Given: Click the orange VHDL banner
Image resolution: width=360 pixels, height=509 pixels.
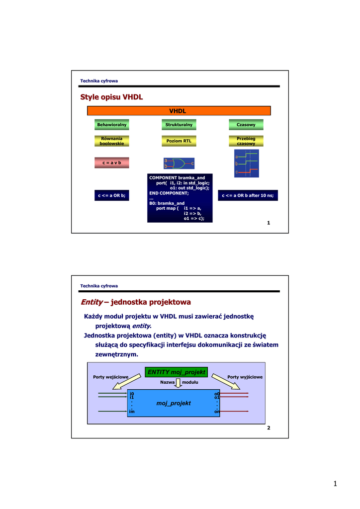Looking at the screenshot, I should click(x=179, y=111).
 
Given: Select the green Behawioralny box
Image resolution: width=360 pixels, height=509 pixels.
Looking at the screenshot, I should click(x=112, y=124).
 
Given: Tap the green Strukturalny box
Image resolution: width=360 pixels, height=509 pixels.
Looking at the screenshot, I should click(x=179, y=124).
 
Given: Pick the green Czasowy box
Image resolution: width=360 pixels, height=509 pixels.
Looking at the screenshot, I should click(x=246, y=124).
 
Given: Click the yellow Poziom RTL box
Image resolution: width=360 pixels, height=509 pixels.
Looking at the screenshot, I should click(x=179, y=141).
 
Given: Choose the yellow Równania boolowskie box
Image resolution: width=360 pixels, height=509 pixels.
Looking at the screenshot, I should click(x=112, y=141).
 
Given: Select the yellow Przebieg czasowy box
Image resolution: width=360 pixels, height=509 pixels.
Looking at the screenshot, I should click(x=246, y=141).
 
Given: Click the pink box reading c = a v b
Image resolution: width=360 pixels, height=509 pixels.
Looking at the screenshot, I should click(x=112, y=163).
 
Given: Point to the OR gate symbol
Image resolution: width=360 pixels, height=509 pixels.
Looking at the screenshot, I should click(x=178, y=163).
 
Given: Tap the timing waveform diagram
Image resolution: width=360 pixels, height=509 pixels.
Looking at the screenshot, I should click(x=247, y=164).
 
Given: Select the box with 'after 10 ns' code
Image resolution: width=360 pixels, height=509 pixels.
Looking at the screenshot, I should click(x=247, y=195).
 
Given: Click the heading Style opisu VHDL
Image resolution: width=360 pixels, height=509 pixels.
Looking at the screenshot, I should click(x=111, y=97).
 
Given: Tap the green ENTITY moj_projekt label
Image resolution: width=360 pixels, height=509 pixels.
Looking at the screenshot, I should click(x=176, y=372).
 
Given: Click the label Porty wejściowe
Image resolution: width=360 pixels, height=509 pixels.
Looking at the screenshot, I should click(x=111, y=377).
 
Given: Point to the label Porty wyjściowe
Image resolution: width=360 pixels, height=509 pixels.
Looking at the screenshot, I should click(x=245, y=377).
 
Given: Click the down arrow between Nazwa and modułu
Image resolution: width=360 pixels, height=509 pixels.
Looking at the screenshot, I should click(x=179, y=383).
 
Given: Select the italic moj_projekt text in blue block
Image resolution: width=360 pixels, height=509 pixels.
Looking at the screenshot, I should click(x=174, y=403).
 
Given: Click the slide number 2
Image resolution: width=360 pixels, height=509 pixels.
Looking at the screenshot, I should click(x=269, y=428).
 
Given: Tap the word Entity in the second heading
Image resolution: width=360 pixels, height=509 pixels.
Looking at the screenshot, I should click(x=91, y=302).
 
